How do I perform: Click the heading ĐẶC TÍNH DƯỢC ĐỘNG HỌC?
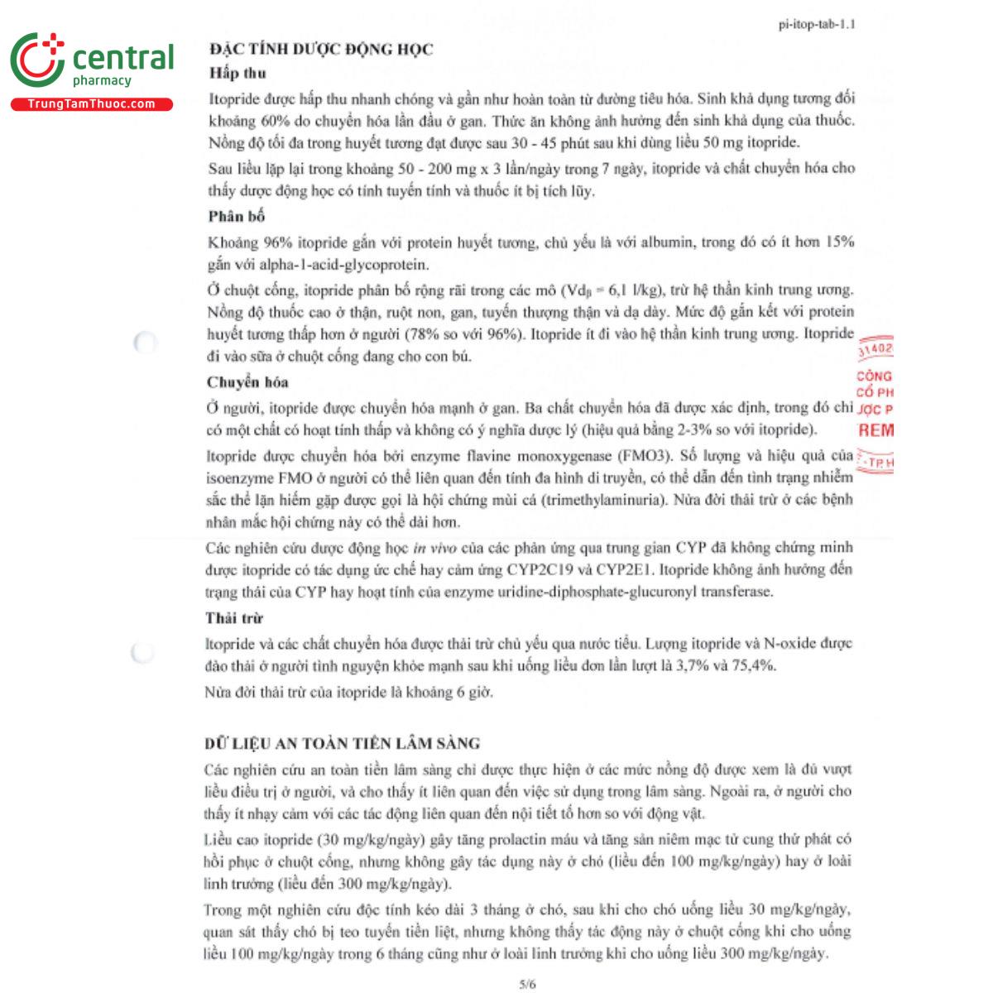click(321, 50)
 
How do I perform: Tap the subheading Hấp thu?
click(237, 74)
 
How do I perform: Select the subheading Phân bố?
click(237, 217)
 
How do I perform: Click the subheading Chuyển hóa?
click(247, 382)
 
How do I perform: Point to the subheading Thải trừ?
click(234, 618)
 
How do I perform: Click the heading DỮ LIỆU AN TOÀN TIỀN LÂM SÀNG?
click(342, 743)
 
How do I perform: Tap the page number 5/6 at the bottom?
click(527, 984)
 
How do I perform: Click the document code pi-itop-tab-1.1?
click(817, 24)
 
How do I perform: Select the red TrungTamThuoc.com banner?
click(91, 104)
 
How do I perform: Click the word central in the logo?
click(123, 58)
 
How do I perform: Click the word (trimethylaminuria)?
click(603, 500)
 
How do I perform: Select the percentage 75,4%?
click(751, 666)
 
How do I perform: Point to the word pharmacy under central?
click(102, 81)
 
